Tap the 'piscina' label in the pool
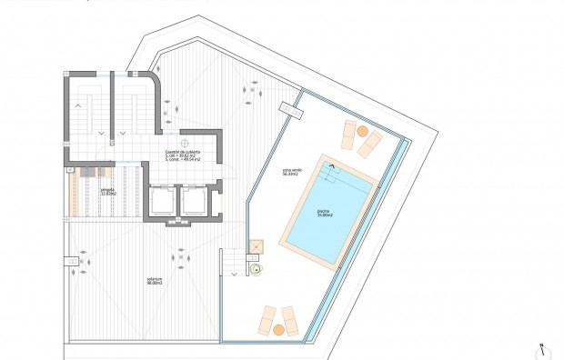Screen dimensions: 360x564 coord(324,215)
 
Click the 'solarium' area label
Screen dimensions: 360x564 coord(153,282)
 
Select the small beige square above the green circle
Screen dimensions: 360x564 coord(256,245)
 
